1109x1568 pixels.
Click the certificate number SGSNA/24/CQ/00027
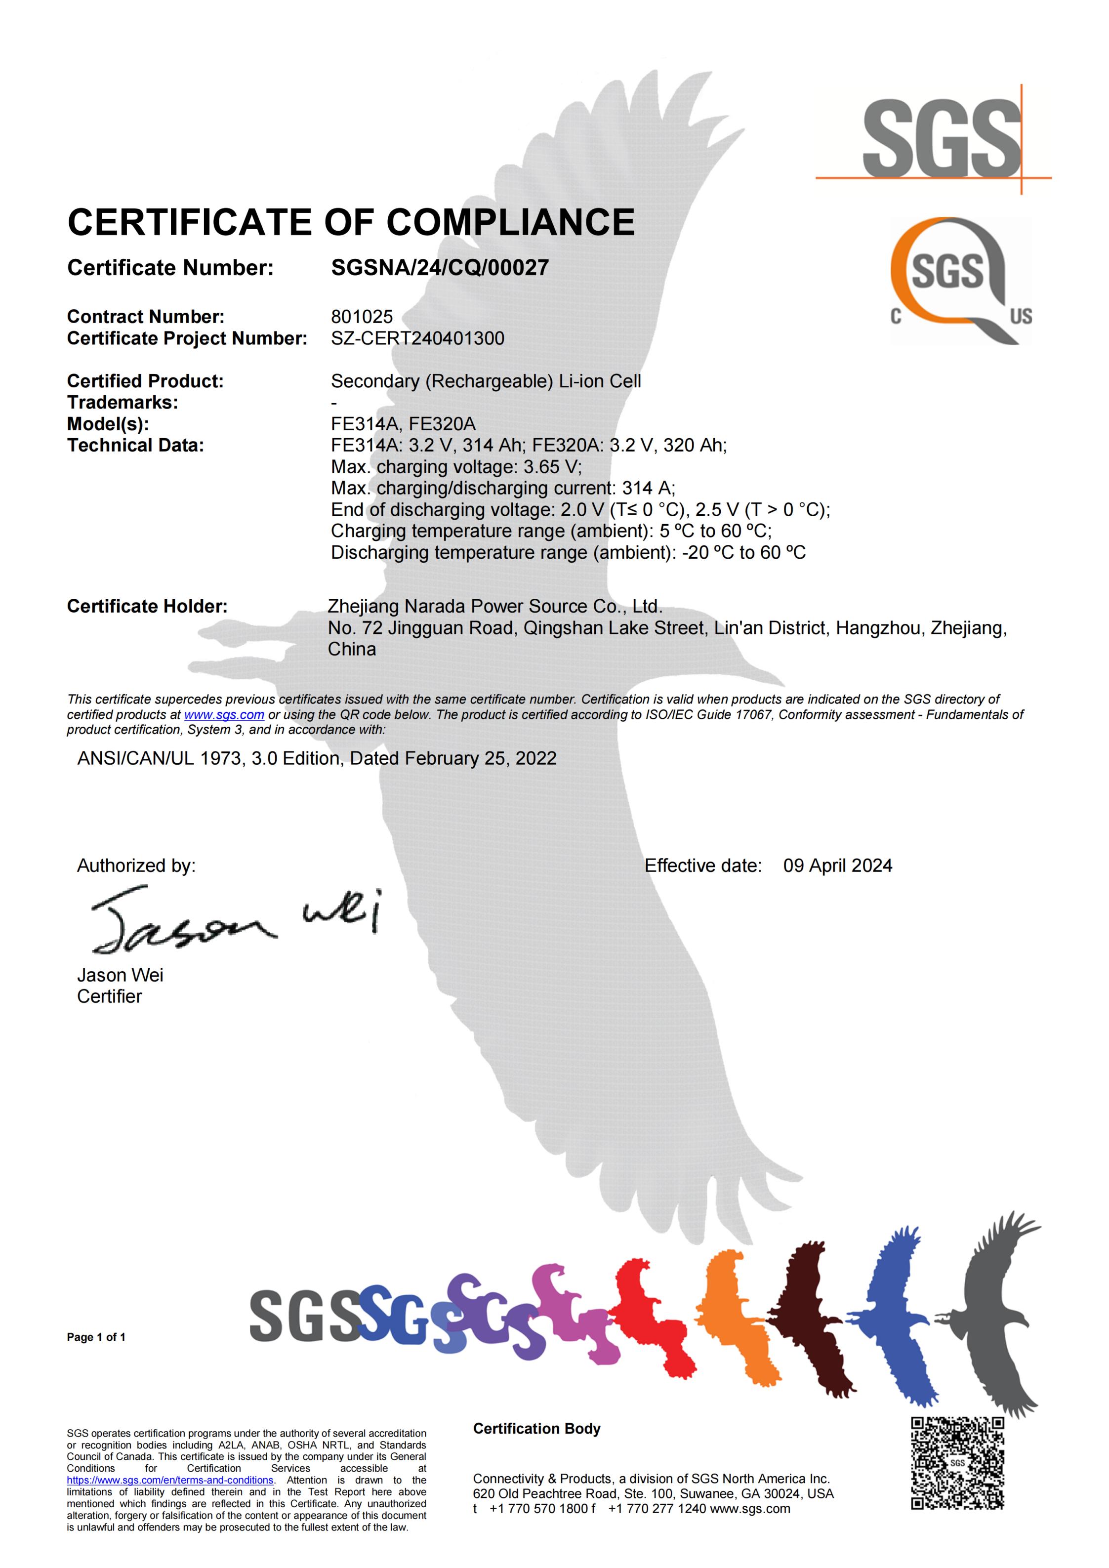point(439,268)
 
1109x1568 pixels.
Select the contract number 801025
point(362,317)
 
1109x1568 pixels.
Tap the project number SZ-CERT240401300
point(417,339)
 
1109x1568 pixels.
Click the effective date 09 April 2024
point(837,866)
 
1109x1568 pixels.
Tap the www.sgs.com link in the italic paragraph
point(224,715)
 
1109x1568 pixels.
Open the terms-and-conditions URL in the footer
point(170,1480)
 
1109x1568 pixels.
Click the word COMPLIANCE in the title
point(511,223)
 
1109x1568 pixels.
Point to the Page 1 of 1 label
point(96,1337)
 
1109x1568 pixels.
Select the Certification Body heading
point(537,1429)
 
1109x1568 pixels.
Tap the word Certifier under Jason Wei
point(109,996)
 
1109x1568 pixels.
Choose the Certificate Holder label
point(147,607)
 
